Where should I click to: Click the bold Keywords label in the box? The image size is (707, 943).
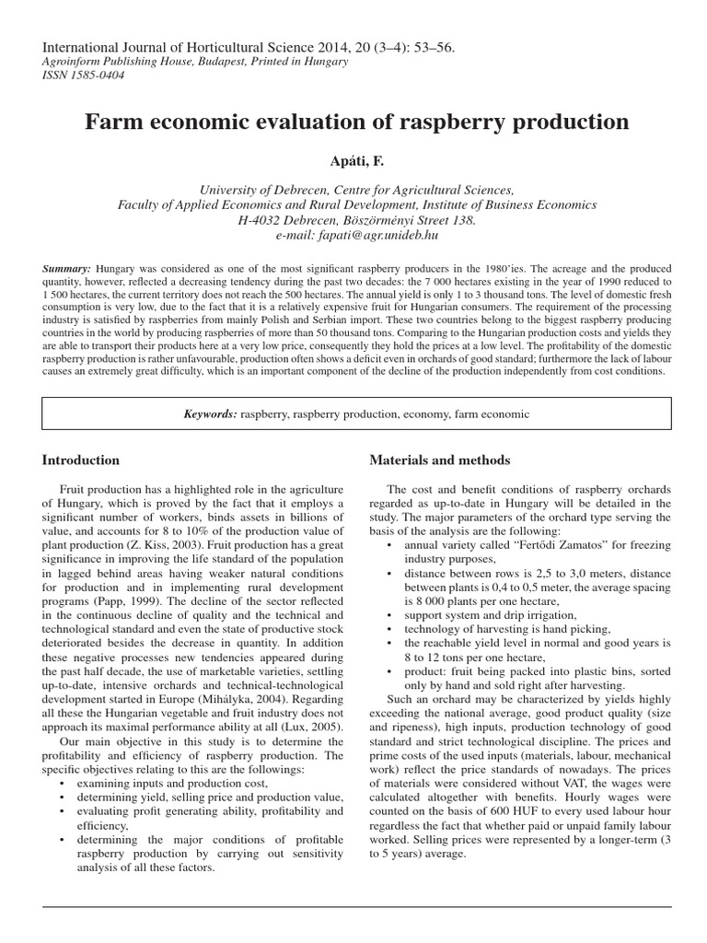211,415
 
